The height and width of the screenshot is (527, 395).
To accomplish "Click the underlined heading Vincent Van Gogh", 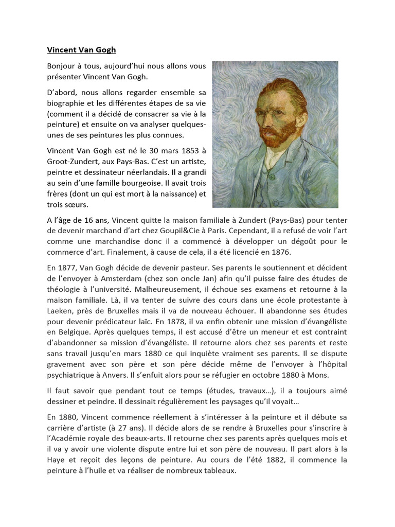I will (81, 50).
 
